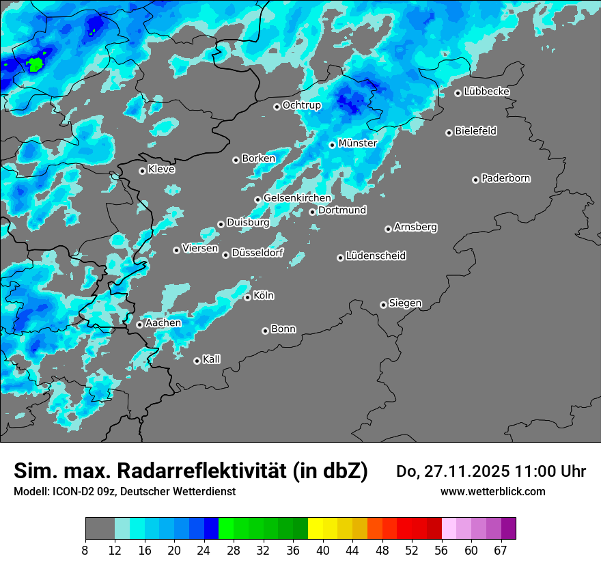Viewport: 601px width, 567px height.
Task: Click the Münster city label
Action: (x=357, y=143)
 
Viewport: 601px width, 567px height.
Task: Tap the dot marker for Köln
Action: (x=247, y=297)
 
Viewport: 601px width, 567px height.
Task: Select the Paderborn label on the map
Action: (x=505, y=178)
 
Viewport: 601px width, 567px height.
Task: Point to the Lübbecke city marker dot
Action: (x=458, y=93)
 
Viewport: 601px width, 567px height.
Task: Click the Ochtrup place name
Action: (x=301, y=105)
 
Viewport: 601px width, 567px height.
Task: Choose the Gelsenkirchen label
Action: (x=296, y=198)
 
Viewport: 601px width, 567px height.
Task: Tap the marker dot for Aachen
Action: (x=139, y=324)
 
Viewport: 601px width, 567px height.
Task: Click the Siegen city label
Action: (x=405, y=303)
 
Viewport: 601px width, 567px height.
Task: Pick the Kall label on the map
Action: (x=211, y=359)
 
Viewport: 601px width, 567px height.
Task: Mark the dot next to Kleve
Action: (x=142, y=171)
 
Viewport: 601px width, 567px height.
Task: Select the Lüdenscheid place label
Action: (x=376, y=256)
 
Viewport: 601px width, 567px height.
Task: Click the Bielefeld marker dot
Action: (x=449, y=133)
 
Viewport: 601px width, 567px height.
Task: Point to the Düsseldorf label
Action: (x=257, y=253)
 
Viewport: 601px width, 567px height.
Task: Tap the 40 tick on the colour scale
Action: (x=323, y=551)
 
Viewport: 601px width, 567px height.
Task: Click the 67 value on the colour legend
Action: (x=501, y=551)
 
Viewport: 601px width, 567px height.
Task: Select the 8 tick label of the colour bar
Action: (x=85, y=551)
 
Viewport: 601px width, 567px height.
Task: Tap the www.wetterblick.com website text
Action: (x=492, y=491)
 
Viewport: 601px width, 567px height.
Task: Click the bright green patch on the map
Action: (x=34, y=65)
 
